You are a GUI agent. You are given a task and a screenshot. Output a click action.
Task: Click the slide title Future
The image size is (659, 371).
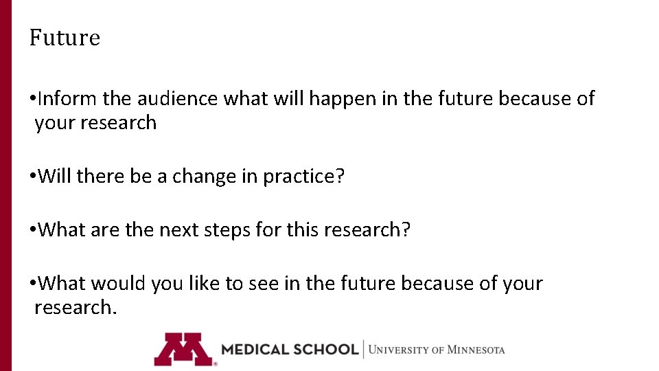65,38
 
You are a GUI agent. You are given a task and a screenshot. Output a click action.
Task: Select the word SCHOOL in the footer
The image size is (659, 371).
326,349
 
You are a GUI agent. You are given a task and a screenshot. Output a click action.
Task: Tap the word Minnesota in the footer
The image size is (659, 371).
476,350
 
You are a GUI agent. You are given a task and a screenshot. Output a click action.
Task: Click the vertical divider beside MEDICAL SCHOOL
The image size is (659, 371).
363,349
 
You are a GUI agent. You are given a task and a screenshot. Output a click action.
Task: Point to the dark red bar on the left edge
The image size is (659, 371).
5,185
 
